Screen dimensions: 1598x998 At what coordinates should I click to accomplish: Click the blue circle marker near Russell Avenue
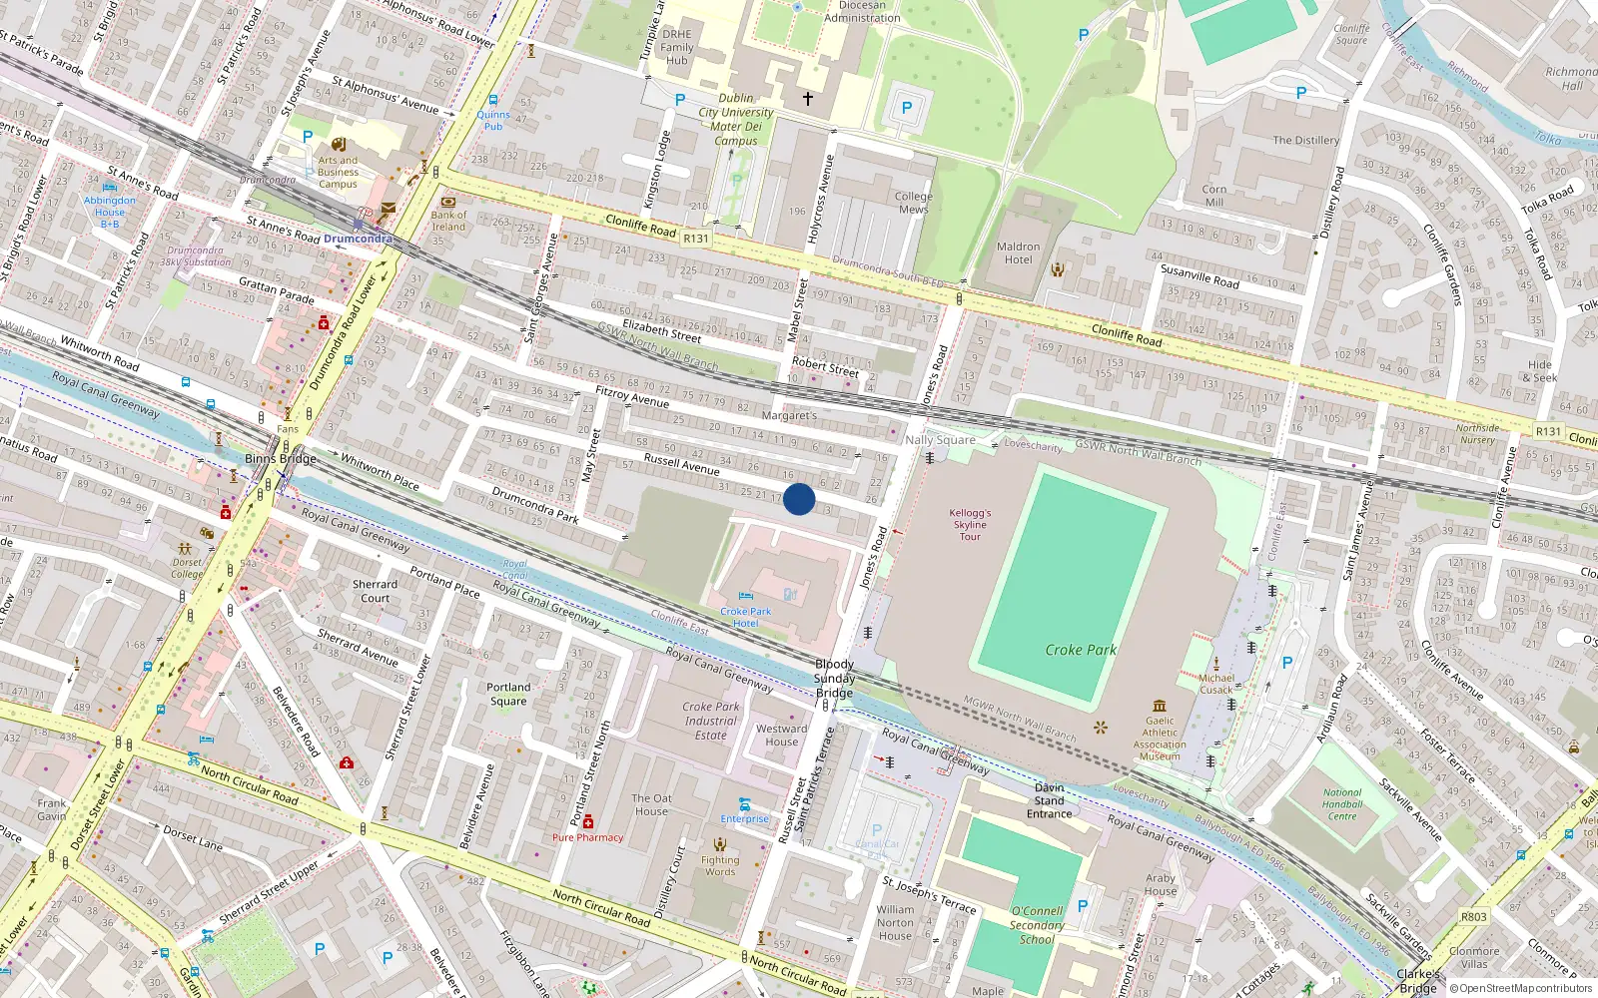pos(799,499)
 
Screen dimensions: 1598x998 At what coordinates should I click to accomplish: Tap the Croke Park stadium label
pos(1081,650)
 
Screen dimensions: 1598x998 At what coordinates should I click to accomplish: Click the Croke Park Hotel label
pos(745,617)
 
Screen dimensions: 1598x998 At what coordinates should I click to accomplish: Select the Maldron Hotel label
pos(1018,253)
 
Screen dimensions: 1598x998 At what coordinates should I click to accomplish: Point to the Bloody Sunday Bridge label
pos(834,678)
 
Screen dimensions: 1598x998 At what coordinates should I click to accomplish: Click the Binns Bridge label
pos(281,459)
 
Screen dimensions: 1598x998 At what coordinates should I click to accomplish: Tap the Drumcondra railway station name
pos(358,240)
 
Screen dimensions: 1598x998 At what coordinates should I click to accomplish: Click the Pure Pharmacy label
pos(587,837)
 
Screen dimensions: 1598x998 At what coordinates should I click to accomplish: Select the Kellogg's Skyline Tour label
pos(970,524)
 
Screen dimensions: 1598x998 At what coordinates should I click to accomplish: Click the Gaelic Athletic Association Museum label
pos(1160,739)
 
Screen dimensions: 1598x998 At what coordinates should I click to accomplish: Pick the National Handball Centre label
pos(1341,804)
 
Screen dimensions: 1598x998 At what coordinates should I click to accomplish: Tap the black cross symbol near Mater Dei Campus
pos(808,99)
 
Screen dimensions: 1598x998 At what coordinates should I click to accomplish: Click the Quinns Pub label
pos(493,121)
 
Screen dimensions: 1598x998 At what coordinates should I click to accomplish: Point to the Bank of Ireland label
pos(448,221)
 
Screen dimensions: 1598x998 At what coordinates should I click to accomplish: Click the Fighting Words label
pos(720,865)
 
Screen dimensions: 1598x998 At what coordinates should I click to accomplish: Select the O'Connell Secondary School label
pos(1037,925)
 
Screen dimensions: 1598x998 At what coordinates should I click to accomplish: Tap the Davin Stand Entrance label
pos(1049,800)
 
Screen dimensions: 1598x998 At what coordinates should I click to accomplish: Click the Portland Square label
pos(508,694)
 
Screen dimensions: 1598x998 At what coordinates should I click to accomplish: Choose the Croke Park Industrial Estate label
pos(711,721)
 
